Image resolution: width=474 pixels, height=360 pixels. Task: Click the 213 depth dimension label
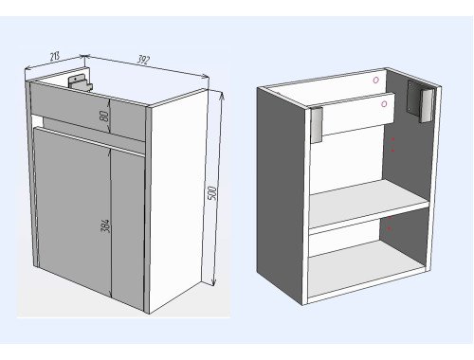click(55, 57)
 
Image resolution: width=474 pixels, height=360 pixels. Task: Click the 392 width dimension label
click(143, 60)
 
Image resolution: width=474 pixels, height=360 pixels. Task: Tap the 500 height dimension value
click(213, 193)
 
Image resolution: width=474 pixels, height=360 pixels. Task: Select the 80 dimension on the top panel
click(104, 116)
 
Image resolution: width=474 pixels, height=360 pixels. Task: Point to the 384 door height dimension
click(105, 225)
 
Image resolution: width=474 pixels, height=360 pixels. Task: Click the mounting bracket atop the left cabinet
click(81, 81)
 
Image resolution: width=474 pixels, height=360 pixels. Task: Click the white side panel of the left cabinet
click(177, 199)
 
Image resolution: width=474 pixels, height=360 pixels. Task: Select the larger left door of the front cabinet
click(72, 210)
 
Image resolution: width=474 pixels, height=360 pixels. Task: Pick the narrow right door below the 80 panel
click(128, 227)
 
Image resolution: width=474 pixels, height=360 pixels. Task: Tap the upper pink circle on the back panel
click(375, 81)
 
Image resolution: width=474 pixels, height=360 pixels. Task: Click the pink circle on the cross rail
click(384, 104)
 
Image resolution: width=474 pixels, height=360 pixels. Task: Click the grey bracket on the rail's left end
click(317, 124)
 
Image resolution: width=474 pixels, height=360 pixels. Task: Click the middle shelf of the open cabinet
click(368, 204)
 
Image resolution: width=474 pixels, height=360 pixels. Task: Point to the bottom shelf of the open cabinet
click(366, 270)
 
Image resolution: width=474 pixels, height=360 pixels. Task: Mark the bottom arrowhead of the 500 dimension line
click(214, 282)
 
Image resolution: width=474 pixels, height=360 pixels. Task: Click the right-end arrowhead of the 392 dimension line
click(206, 76)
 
